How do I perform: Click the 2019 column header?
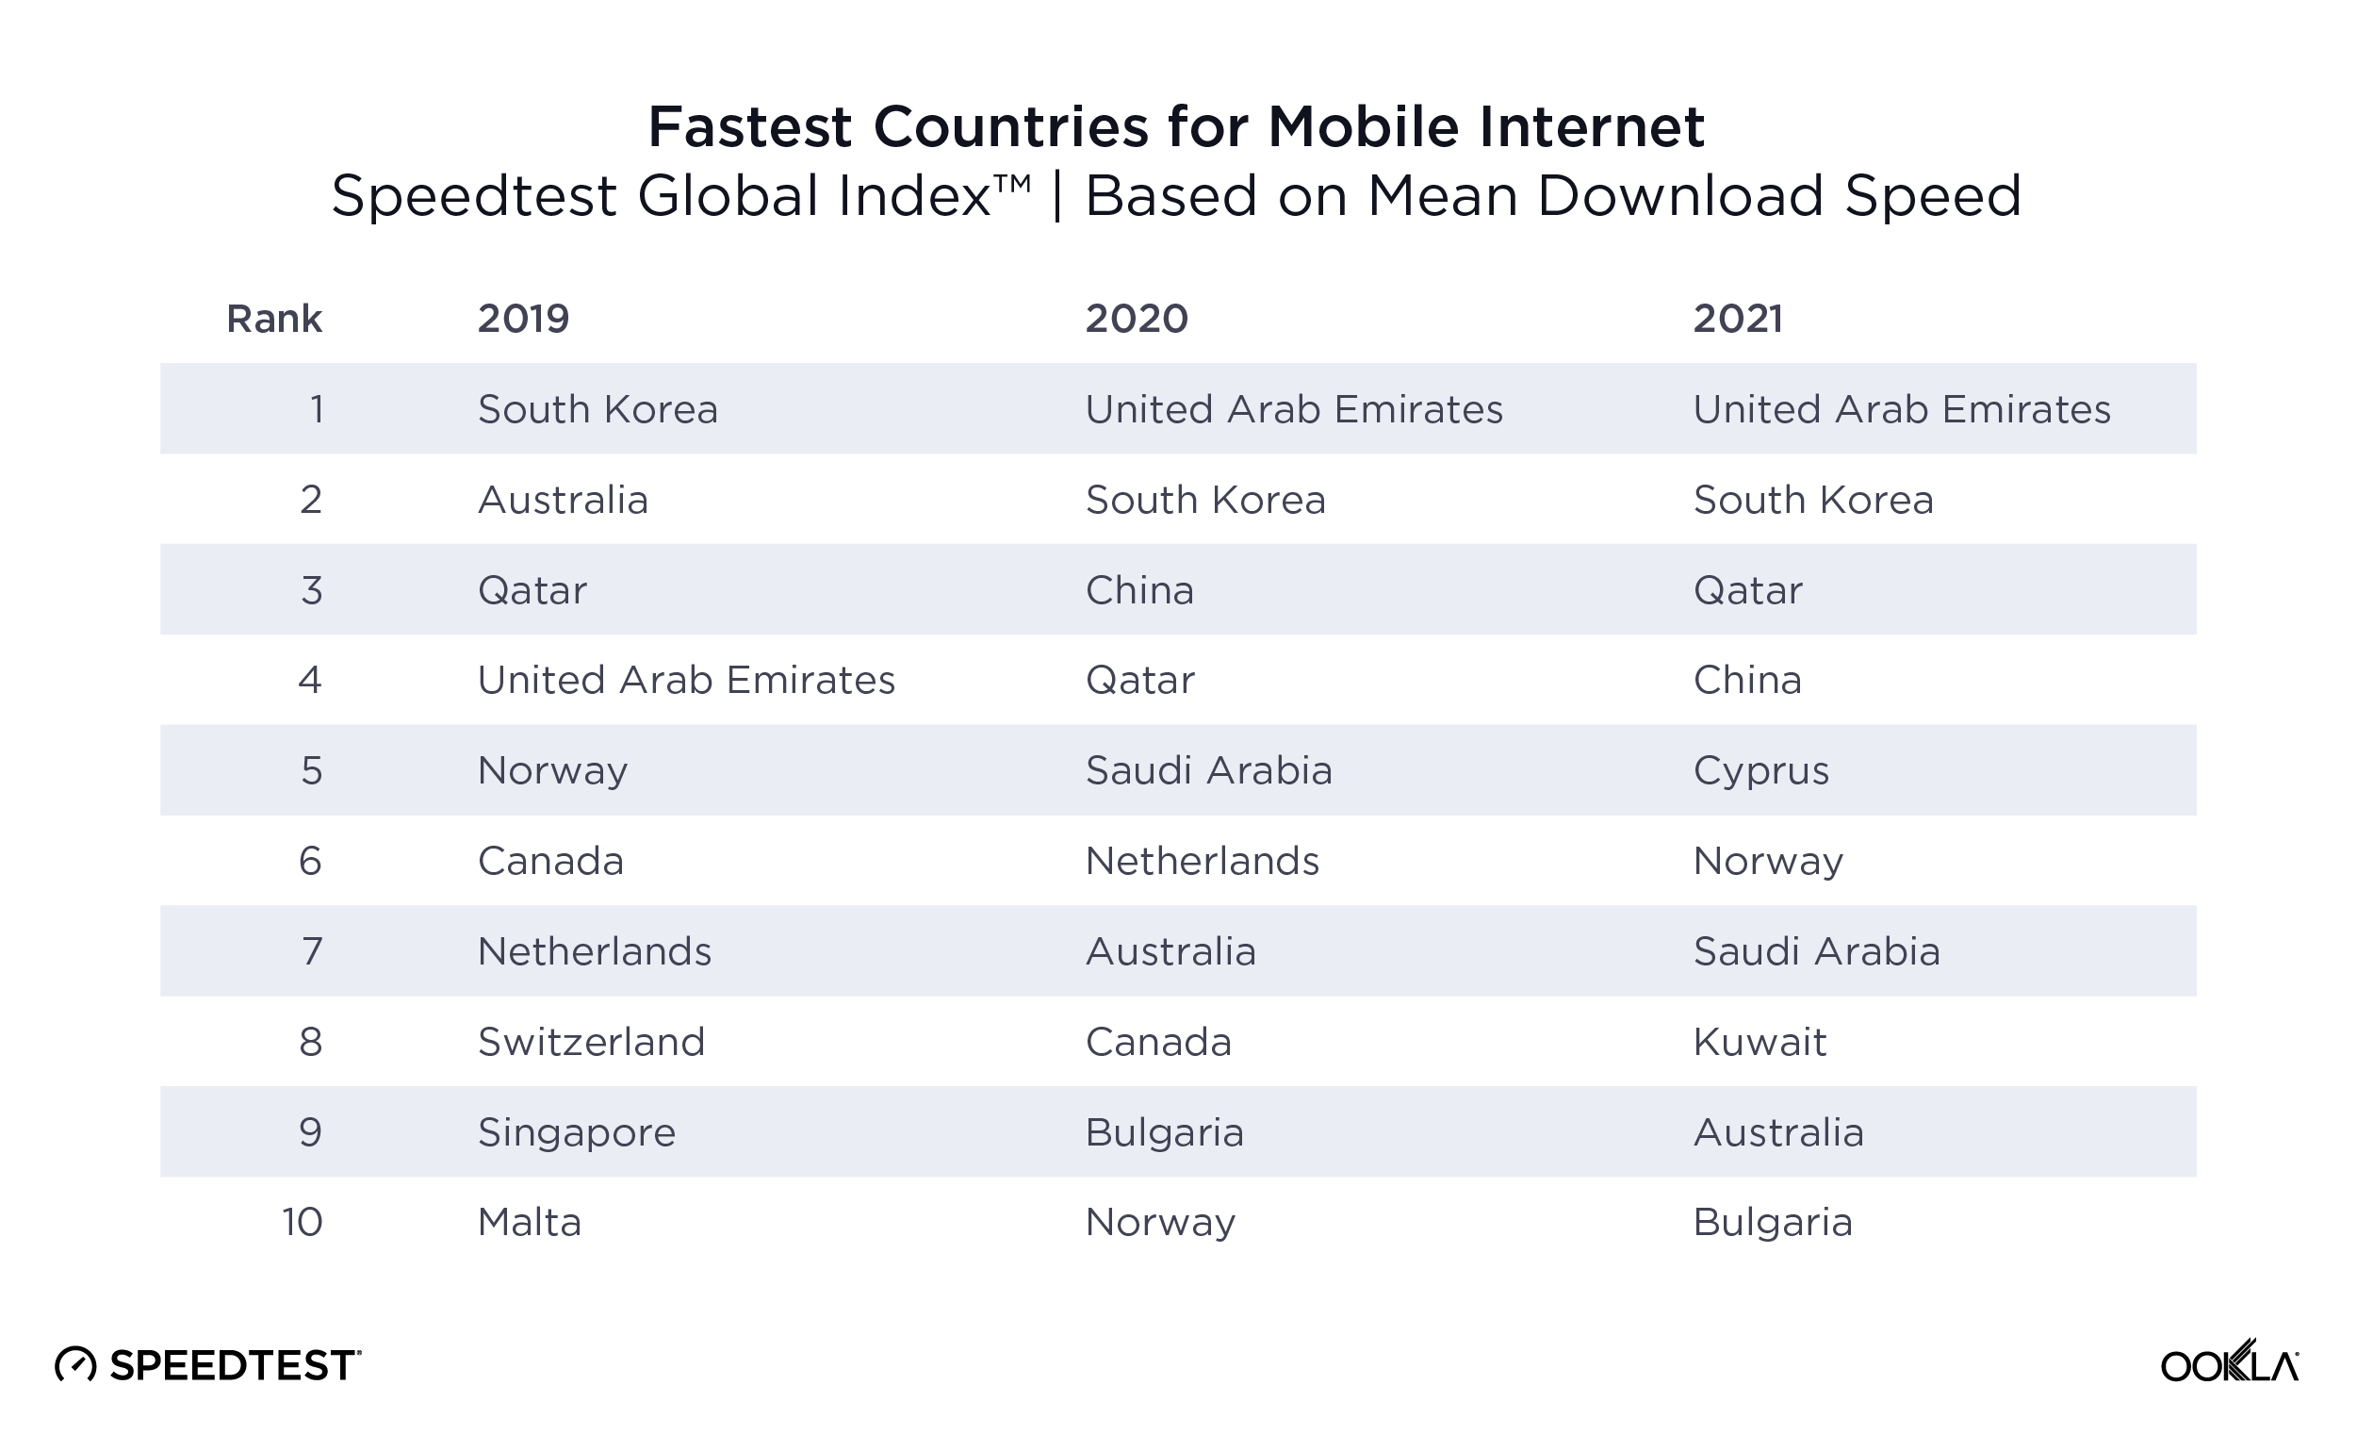pyautogui.click(x=523, y=319)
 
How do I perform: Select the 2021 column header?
pyautogui.click(x=1737, y=319)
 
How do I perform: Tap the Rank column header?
pyautogui.click(x=273, y=319)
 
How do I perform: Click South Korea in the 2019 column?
pyautogui.click(x=597, y=410)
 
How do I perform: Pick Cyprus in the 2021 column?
pyautogui.click(x=1760, y=770)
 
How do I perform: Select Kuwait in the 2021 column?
pyautogui.click(x=1760, y=1042)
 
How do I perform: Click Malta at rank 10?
pyautogui.click(x=530, y=1223)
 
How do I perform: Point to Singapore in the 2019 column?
pyautogui.click(x=577, y=1132)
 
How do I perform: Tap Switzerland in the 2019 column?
pyautogui.click(x=591, y=1042)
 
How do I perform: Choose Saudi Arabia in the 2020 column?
pyautogui.click(x=1208, y=770)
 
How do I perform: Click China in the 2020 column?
pyautogui.click(x=1138, y=590)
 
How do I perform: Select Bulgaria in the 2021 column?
pyautogui.click(x=1772, y=1223)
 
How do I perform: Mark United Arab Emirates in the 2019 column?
pyautogui.click(x=686, y=681)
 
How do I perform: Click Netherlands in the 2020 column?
pyautogui.click(x=1201, y=861)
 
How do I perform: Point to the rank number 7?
pyautogui.click(x=312, y=952)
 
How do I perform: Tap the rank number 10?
pyautogui.click(x=303, y=1223)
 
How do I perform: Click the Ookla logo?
pyautogui.click(x=2229, y=1362)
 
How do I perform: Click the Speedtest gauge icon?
pyautogui.click(x=75, y=1364)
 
